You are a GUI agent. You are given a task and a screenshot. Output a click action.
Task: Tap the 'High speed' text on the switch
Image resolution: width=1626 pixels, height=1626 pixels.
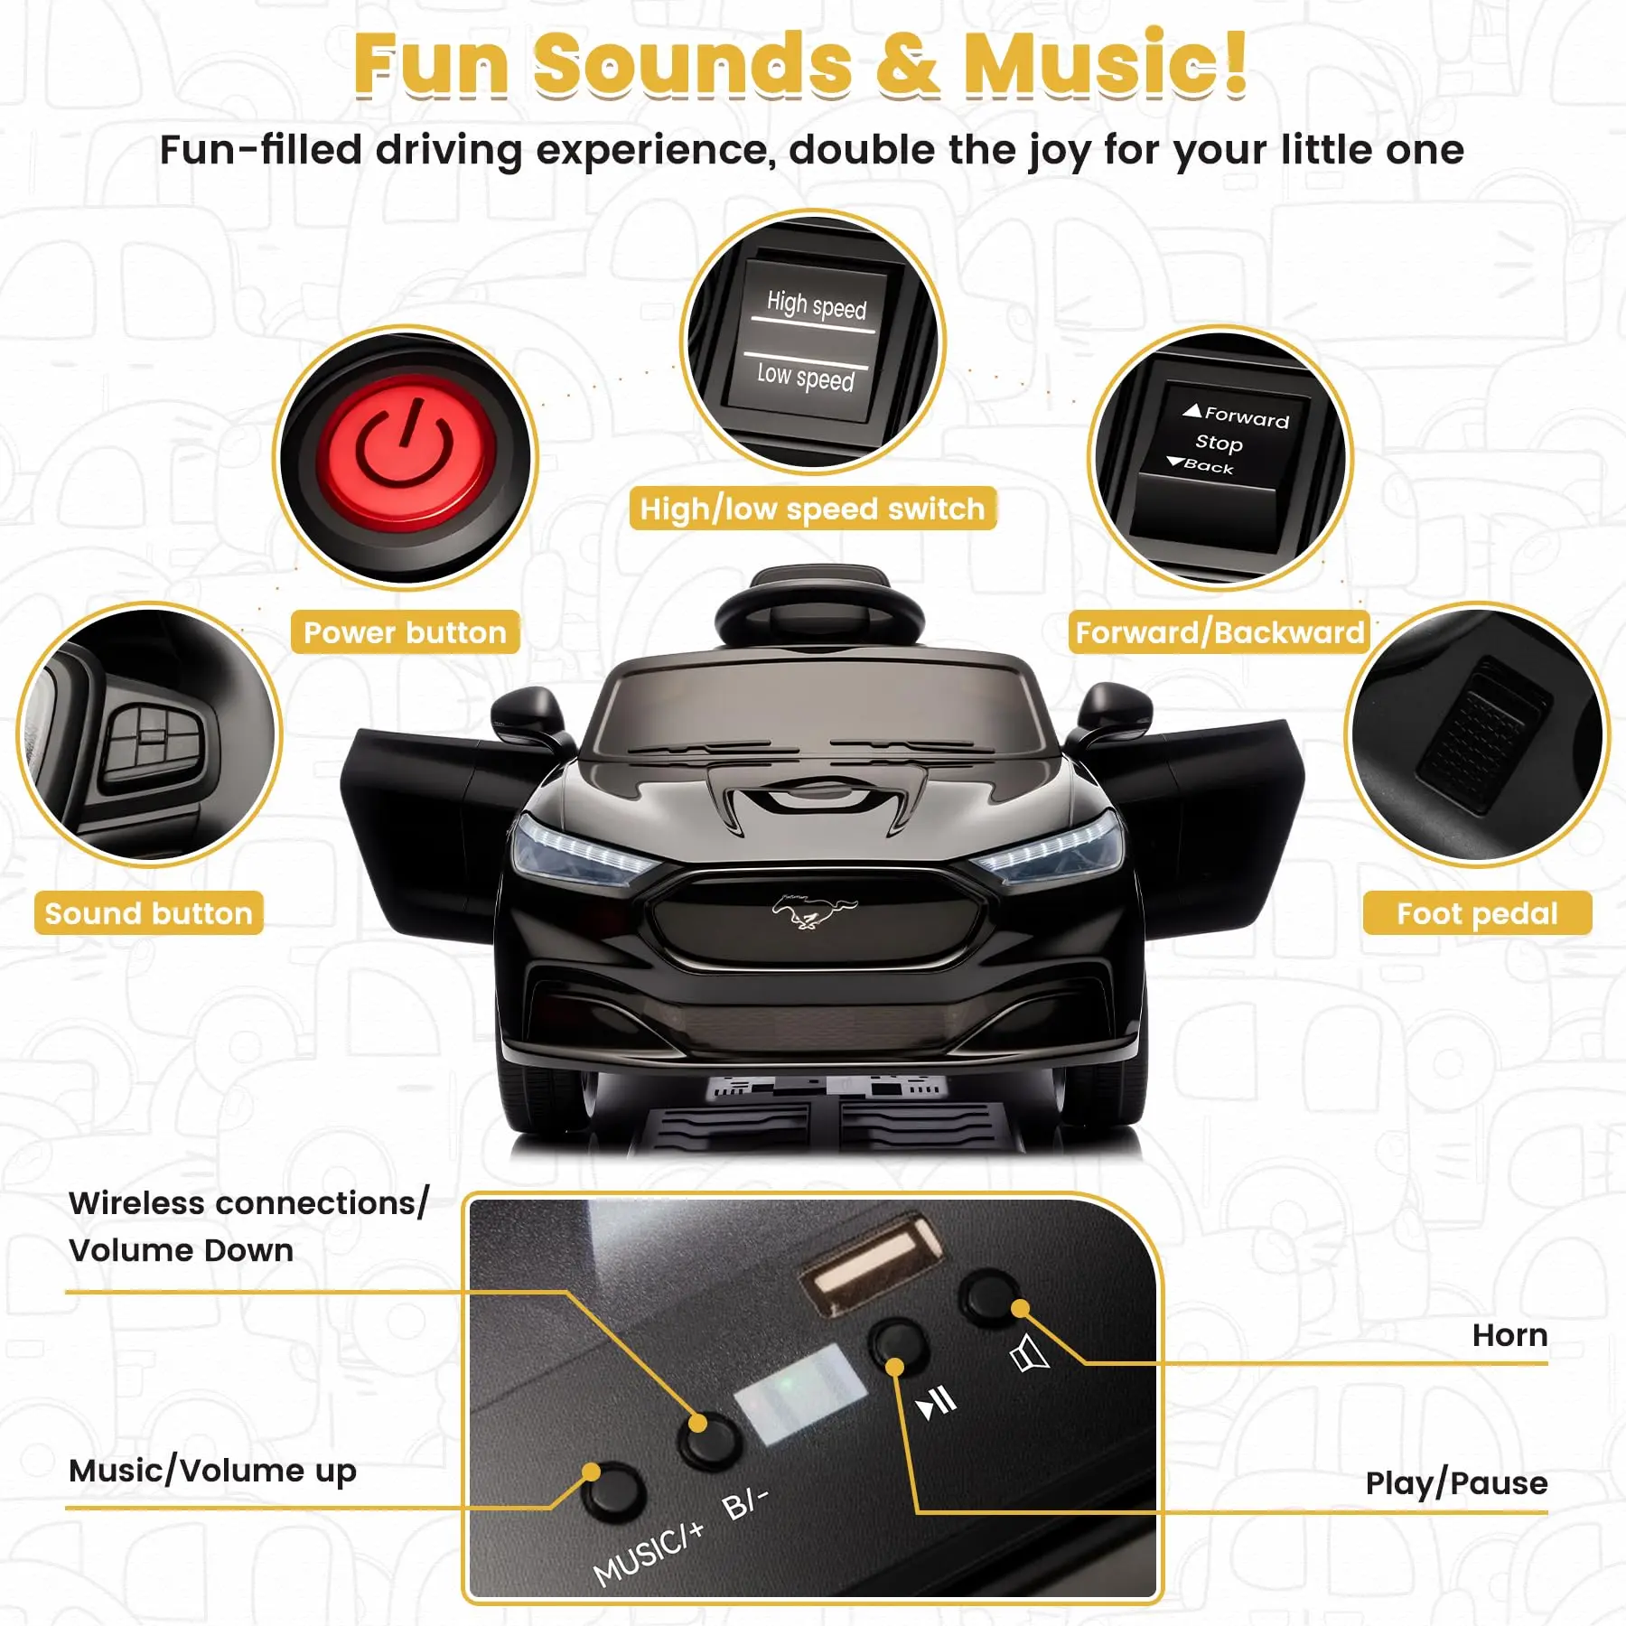click(817, 304)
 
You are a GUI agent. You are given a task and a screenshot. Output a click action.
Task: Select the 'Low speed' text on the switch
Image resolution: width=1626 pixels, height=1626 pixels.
click(805, 376)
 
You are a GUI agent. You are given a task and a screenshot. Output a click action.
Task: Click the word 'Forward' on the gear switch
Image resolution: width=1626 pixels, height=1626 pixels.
click(1247, 416)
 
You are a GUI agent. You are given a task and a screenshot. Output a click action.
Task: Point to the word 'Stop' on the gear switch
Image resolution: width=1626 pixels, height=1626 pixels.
click(1219, 443)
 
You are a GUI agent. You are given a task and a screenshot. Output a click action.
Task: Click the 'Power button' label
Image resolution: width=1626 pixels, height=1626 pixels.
click(405, 632)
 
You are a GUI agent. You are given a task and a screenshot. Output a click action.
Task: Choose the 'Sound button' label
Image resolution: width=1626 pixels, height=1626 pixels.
click(149, 913)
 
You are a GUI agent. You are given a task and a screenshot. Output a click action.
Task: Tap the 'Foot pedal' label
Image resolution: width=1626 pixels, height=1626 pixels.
click(1477, 913)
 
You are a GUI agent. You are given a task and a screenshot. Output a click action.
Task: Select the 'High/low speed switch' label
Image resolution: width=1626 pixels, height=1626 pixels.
click(812, 509)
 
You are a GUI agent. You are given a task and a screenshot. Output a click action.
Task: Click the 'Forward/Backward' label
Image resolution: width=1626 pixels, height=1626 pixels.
click(1219, 632)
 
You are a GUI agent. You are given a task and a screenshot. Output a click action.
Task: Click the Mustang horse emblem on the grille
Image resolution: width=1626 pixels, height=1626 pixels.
click(813, 911)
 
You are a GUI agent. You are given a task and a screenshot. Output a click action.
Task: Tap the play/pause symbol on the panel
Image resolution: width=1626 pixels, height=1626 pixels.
click(936, 1403)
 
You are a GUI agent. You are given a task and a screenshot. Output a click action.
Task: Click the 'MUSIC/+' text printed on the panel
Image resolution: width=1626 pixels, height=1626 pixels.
click(648, 1553)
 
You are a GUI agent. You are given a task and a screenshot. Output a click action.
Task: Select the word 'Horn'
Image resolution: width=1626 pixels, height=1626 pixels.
click(1509, 1335)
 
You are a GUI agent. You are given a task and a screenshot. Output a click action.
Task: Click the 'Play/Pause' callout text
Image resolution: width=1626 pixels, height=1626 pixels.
click(1456, 1483)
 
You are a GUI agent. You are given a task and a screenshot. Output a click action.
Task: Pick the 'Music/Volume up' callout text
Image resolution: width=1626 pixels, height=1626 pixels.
click(213, 1471)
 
